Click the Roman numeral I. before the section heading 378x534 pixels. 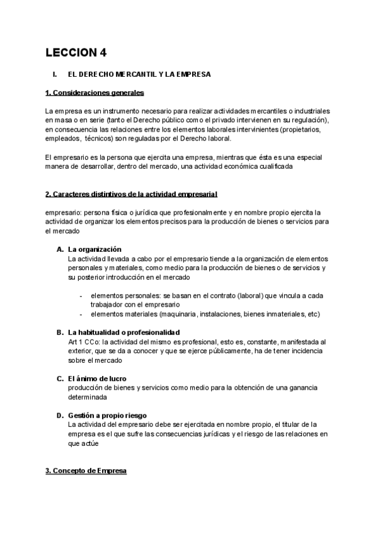point(55,74)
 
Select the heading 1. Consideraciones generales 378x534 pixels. point(94,93)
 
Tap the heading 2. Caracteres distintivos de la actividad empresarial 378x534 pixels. point(132,193)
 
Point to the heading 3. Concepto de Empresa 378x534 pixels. point(86,470)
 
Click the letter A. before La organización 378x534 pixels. point(60,249)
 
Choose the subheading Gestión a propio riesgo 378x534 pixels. point(108,416)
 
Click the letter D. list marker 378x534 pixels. point(60,416)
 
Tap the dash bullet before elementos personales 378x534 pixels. point(81,295)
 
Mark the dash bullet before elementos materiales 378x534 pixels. point(81,314)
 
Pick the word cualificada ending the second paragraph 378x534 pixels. point(276,166)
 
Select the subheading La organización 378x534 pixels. point(94,249)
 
